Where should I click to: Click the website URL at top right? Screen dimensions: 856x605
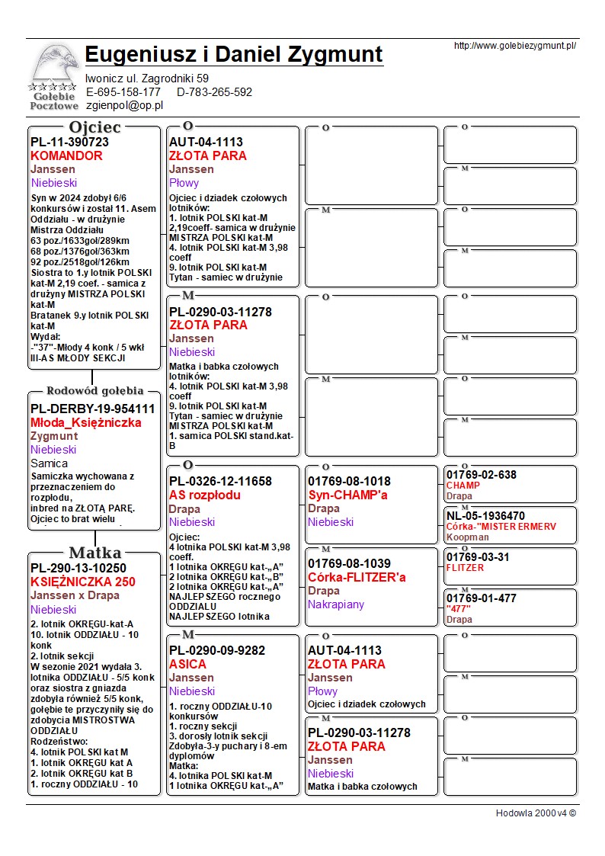click(514, 46)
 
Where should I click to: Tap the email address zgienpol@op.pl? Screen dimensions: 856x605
click(125, 105)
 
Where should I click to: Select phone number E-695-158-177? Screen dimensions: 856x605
click(123, 92)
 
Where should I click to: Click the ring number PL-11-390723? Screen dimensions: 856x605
click(69, 143)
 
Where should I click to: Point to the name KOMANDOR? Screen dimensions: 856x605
click(66, 156)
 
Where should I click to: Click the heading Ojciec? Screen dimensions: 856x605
click(94, 127)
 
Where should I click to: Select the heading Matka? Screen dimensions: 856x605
click(94, 553)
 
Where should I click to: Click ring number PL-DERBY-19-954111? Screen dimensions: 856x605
click(92, 409)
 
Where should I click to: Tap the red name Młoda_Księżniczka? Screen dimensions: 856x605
click(86, 422)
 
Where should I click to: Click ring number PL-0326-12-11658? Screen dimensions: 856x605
click(220, 482)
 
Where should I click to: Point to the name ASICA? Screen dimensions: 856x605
click(187, 664)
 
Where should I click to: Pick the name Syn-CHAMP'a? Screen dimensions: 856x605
click(347, 495)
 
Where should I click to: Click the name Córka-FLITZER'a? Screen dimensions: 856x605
click(357, 577)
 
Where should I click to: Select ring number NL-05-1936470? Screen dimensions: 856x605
click(485, 516)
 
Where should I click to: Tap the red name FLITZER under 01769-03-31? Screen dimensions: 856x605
click(465, 568)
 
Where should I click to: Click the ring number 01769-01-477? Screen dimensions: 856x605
click(481, 598)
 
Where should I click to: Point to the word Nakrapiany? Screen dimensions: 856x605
click(336, 604)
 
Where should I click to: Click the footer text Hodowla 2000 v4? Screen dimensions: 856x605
click(536, 813)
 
